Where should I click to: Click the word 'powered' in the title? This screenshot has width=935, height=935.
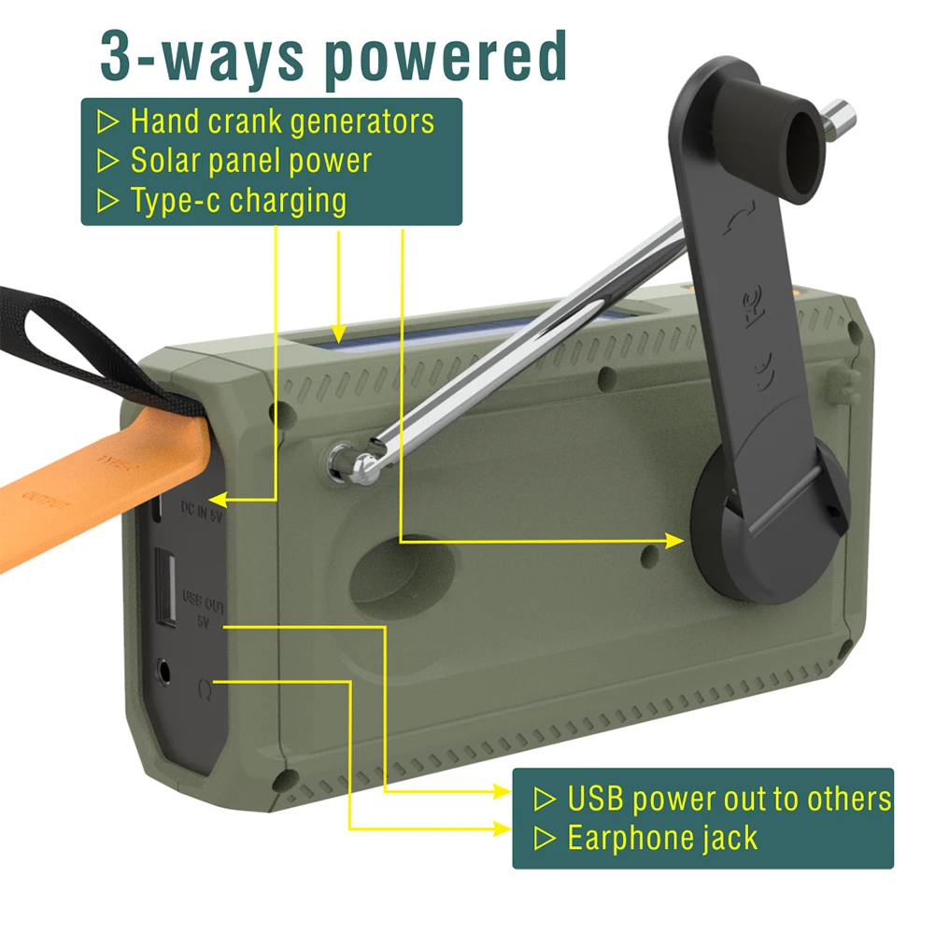click(446, 58)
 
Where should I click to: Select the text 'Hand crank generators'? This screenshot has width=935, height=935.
click(281, 121)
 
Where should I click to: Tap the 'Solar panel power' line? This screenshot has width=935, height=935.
click(250, 161)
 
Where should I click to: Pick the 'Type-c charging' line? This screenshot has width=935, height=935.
click(237, 200)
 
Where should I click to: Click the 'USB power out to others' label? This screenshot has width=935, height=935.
click(729, 800)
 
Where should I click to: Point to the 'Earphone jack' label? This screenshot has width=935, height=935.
click(662, 838)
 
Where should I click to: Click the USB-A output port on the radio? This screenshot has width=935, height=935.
click(166, 590)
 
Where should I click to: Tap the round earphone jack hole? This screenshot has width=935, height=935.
click(166, 672)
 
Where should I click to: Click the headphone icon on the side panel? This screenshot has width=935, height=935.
click(205, 689)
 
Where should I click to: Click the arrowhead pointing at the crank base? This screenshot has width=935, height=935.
click(677, 540)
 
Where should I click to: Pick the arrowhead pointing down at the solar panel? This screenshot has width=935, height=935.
click(338, 332)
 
